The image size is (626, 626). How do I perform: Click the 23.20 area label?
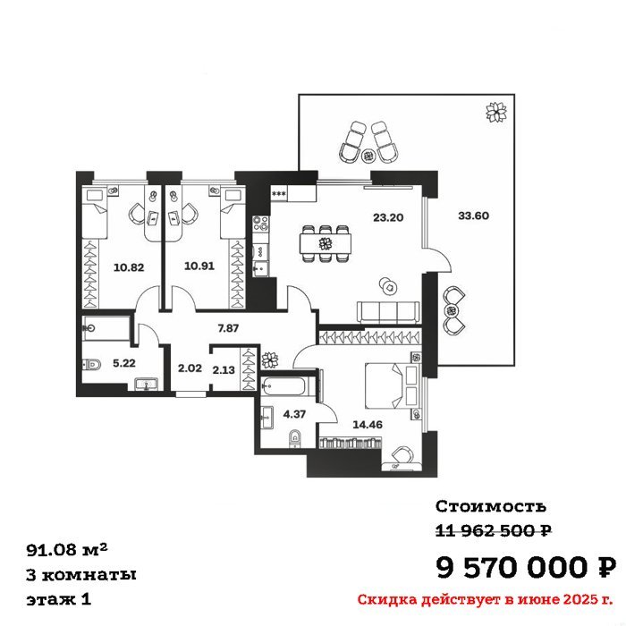[x=388, y=217]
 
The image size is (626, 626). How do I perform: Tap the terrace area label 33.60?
[x=473, y=216]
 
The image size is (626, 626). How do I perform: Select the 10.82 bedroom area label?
[x=129, y=267]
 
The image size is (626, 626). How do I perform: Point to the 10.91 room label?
[x=199, y=266]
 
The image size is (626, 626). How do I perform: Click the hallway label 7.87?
[x=228, y=328]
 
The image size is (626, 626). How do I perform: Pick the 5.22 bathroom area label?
[x=124, y=363]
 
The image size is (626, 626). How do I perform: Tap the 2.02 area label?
[x=190, y=368]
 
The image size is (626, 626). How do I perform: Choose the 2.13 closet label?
[x=224, y=370]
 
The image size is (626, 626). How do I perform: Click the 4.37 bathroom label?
[x=294, y=414]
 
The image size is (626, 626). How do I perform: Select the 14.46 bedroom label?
[x=368, y=425]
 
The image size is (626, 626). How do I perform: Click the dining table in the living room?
[x=326, y=243]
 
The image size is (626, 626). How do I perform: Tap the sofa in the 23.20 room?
[x=388, y=312]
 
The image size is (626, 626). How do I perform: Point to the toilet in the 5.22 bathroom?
[x=92, y=364]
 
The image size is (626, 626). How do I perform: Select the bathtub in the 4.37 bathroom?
[x=283, y=386]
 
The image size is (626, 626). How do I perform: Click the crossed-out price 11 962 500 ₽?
[x=494, y=530]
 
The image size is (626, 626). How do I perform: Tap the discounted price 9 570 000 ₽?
[x=526, y=567]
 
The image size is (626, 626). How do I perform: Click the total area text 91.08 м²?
[x=67, y=550]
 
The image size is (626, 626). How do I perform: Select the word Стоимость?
[x=491, y=506]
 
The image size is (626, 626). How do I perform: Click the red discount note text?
[x=485, y=599]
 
